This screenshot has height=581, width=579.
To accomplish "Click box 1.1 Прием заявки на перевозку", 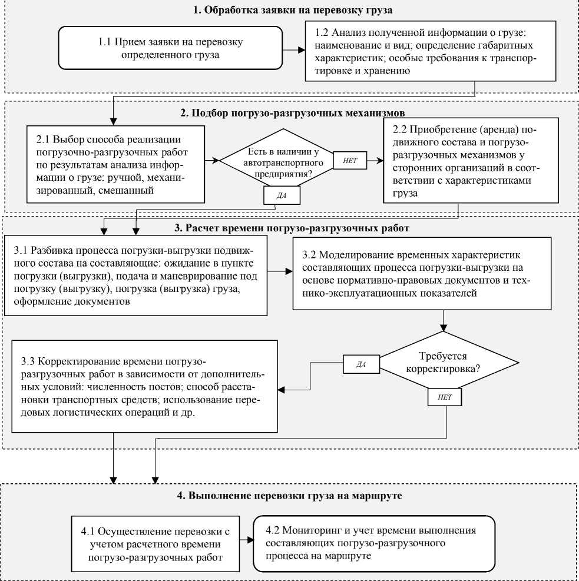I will coord(170,49).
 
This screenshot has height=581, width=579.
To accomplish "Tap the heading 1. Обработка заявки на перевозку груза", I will coord(293,10).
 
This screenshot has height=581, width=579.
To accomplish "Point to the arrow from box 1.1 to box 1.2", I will coord(293,50).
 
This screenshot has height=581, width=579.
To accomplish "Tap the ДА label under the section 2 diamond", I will coord(282,195).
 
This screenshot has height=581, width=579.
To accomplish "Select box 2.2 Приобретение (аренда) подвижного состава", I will coord(470,160).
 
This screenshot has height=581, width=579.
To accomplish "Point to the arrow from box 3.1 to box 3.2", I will coord(281,272).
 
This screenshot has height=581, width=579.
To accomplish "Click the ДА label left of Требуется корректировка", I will coord(362,364).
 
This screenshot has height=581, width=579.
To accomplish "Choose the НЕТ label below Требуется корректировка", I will coord(445,397).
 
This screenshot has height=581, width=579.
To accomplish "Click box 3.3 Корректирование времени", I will coord(144,387).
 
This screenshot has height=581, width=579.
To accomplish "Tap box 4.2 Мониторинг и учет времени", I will coord(374,543).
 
